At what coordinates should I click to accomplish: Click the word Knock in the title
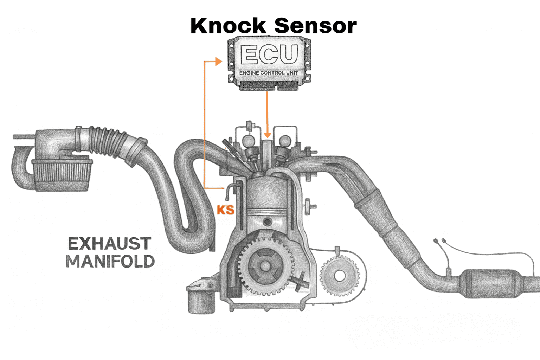(x=228, y=26)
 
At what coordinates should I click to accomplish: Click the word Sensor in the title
(x=315, y=26)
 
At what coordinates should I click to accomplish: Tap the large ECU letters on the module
(x=269, y=54)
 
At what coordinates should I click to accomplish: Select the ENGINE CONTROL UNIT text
(x=269, y=73)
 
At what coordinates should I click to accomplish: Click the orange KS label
(x=225, y=210)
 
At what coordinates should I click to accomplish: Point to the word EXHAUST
(x=109, y=244)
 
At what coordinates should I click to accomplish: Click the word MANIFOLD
(x=110, y=261)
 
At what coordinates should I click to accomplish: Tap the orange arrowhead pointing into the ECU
(x=219, y=62)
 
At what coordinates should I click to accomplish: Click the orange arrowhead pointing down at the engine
(x=268, y=135)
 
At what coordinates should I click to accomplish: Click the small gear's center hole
(x=340, y=276)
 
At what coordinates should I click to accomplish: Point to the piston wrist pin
(x=268, y=222)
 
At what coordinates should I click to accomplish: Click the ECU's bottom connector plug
(x=269, y=85)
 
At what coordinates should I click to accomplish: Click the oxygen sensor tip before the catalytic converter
(x=449, y=272)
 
